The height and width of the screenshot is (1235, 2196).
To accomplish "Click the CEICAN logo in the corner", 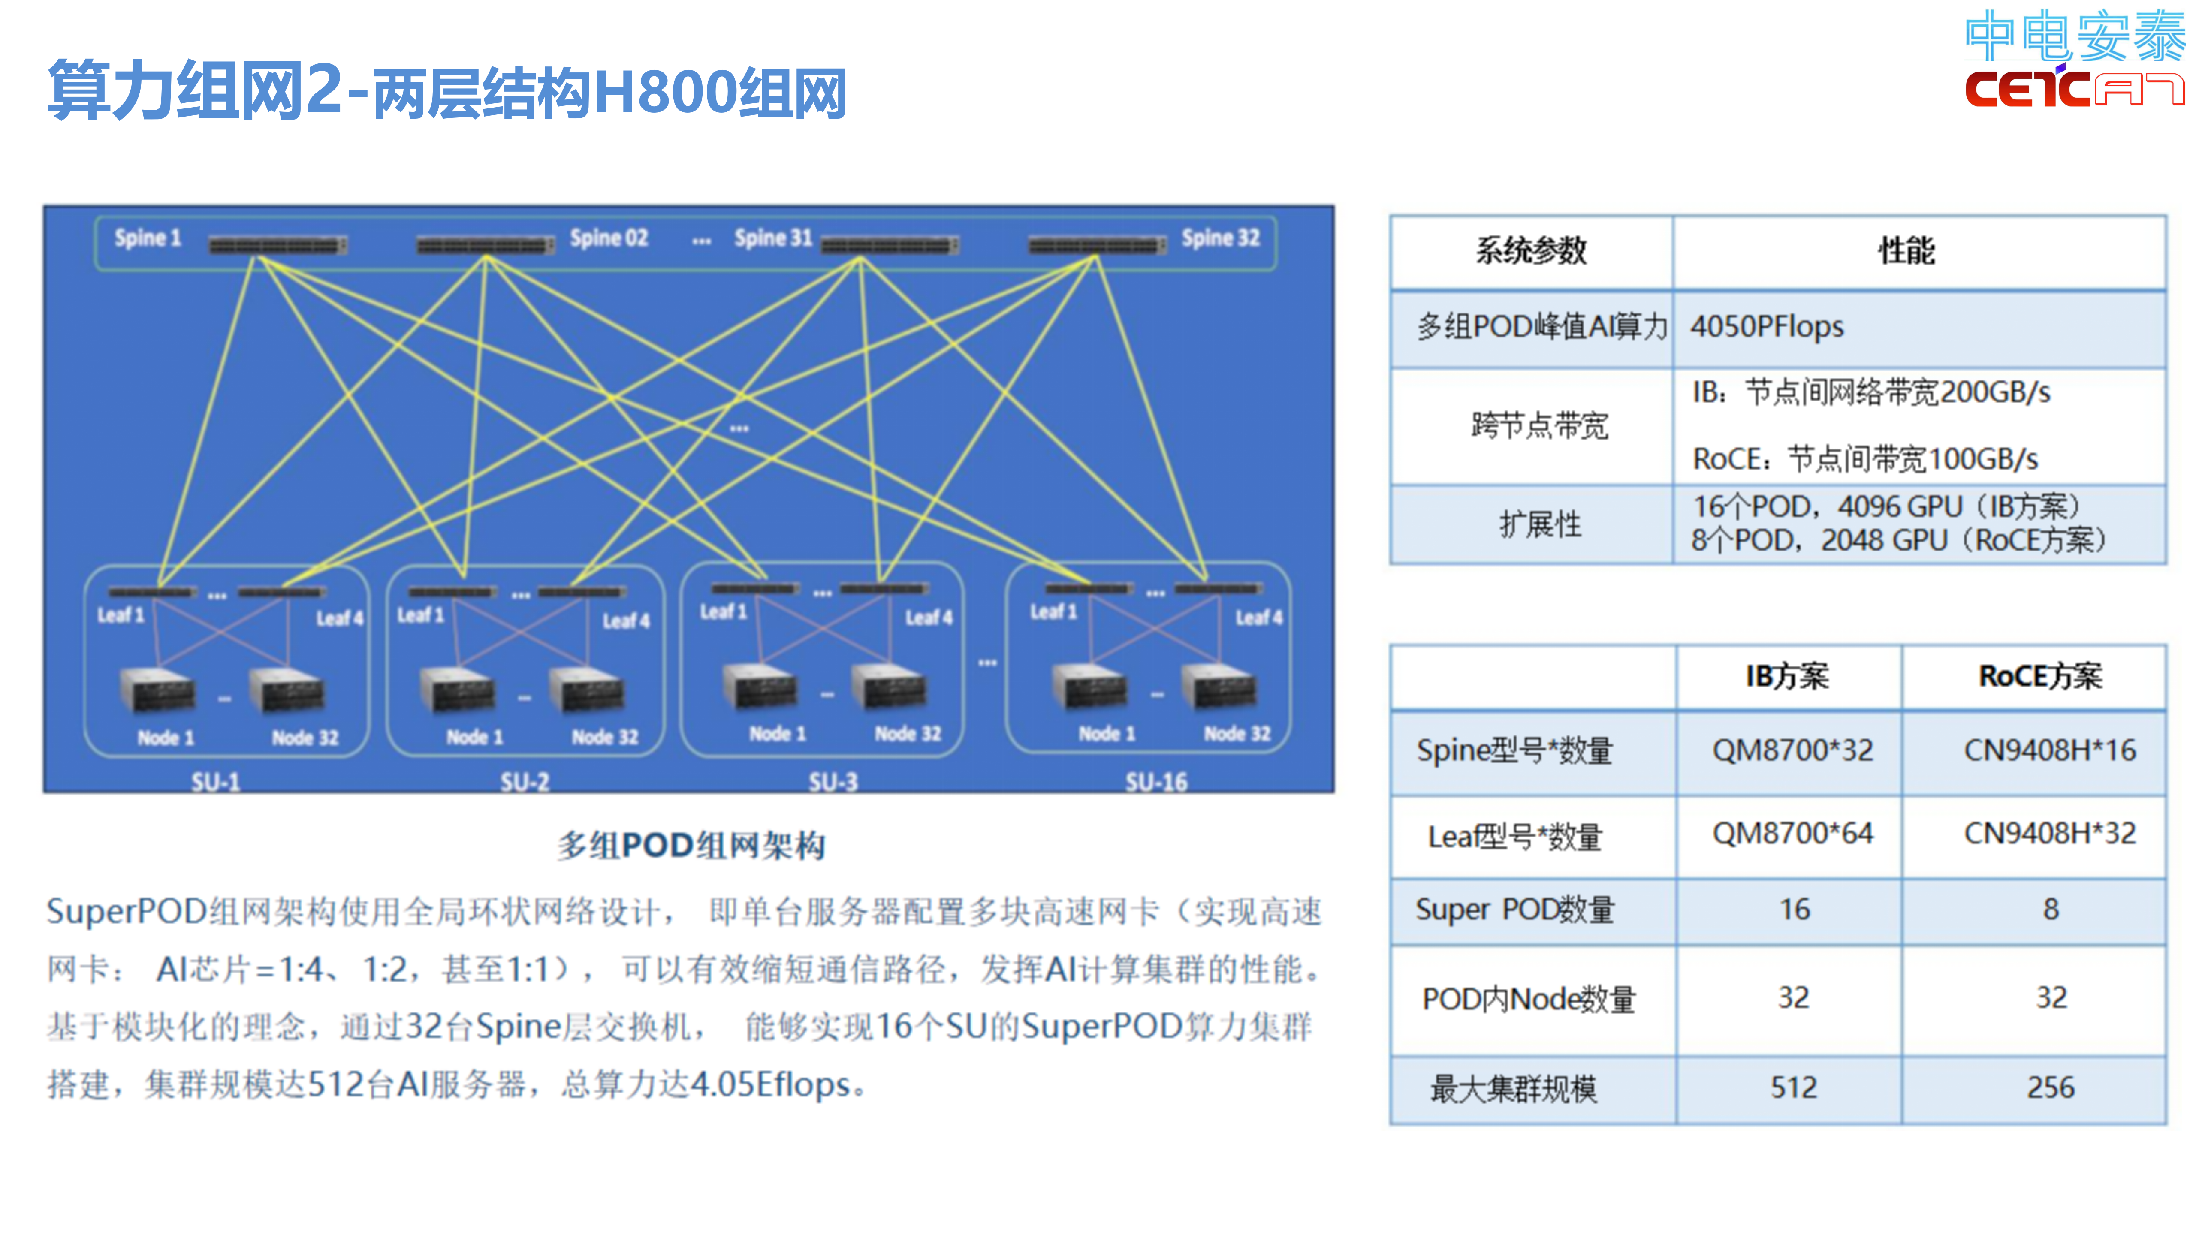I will coord(2073,60).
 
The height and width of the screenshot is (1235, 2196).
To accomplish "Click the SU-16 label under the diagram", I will coord(1156,782).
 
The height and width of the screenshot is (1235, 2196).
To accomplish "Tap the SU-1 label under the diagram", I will coord(216,782).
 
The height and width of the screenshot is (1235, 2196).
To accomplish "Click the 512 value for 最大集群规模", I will coord(1794,1087).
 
